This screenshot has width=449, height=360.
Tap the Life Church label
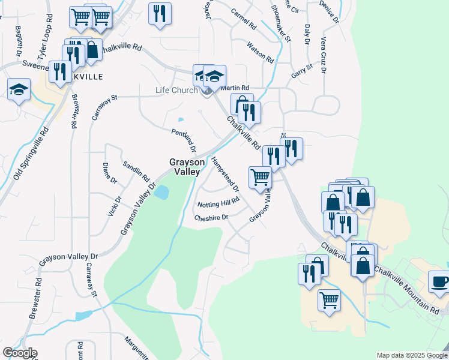pos(176,91)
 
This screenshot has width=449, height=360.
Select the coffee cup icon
pos(438,281)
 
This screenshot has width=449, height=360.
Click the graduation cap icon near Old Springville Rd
pos(19,90)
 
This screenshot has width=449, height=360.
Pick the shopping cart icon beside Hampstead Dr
pos(260,177)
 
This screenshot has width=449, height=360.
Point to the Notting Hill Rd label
pos(218,203)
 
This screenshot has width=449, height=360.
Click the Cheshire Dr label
pos(211,218)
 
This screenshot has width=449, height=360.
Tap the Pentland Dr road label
pos(184,140)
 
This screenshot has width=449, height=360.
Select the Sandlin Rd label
pos(136,172)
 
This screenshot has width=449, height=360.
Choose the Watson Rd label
pos(260,52)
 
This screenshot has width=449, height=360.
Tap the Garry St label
pos(302,70)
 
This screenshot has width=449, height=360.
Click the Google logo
pos(20,353)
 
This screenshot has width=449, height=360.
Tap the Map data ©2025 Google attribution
pos(412,355)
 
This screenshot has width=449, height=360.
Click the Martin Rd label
pos(235,88)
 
